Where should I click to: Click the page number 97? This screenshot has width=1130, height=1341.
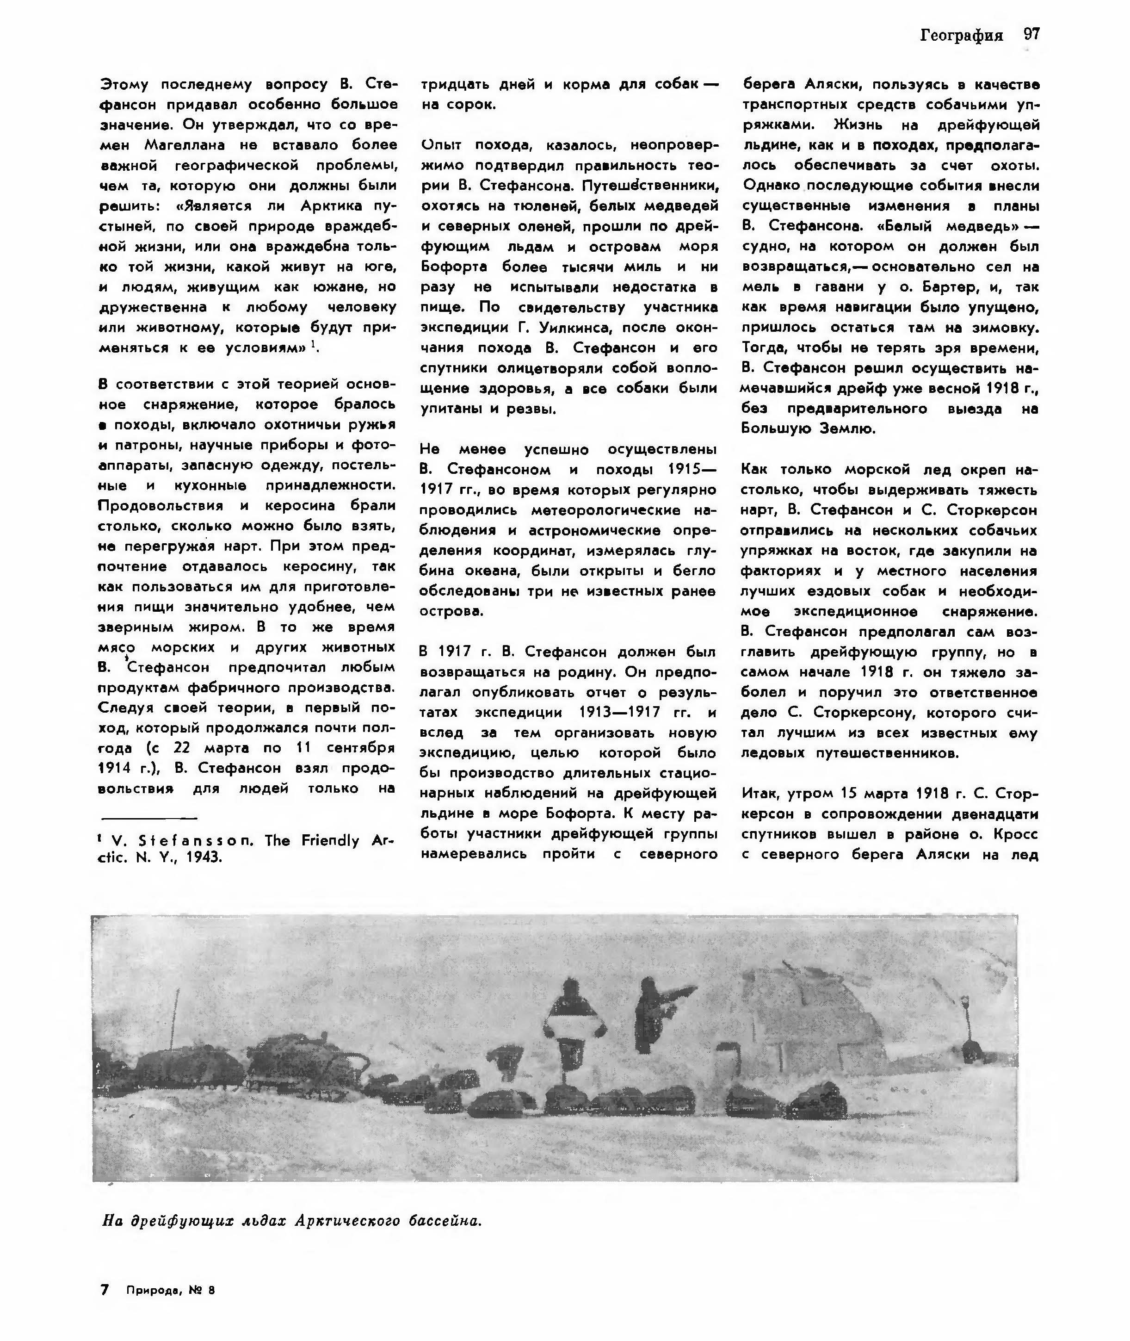click(x=1031, y=35)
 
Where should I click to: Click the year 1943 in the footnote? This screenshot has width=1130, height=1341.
click(x=203, y=857)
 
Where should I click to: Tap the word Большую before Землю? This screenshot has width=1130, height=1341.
click(x=777, y=428)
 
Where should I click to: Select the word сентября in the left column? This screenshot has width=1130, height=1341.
click(x=361, y=748)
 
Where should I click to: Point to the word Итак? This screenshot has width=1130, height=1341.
click(x=760, y=794)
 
